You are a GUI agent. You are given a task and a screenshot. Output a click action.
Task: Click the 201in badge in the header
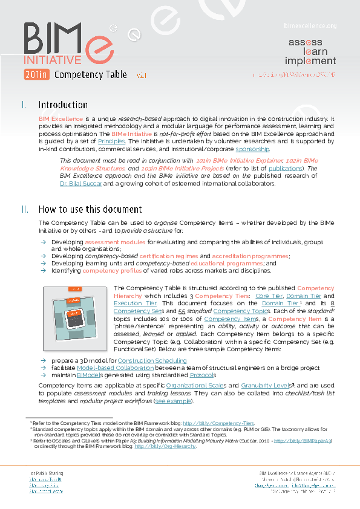point(36,75)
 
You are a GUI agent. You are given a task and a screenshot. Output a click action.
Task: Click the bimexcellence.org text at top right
point(310,25)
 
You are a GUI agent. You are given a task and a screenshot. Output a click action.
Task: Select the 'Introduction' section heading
point(63,105)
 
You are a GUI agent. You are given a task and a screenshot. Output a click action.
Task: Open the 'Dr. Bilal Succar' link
point(81,183)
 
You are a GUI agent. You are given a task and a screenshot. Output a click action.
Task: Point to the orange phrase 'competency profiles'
point(109,271)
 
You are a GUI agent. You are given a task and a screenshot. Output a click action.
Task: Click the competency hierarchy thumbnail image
point(75,318)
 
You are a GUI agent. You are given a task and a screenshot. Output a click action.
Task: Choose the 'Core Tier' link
point(269,296)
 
